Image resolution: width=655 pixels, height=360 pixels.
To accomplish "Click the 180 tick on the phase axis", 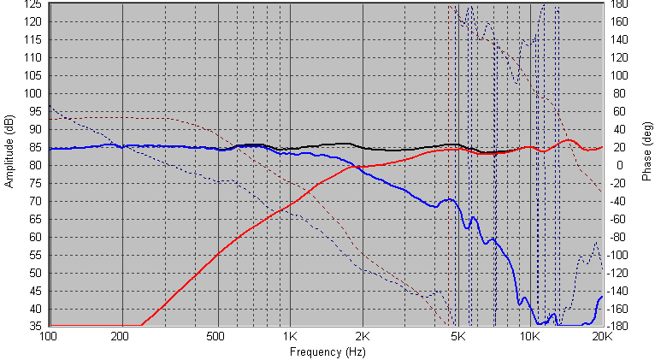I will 620,5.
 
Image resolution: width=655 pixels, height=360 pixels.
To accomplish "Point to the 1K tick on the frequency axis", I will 291,337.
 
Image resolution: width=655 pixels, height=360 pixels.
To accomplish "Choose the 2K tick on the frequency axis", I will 363,337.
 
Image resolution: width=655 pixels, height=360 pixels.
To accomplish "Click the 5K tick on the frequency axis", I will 459,337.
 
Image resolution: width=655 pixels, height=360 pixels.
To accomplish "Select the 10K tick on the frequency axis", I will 530,337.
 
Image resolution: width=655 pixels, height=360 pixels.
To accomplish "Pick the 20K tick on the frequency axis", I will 603,337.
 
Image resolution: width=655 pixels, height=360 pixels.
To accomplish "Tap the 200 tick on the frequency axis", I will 122,337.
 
